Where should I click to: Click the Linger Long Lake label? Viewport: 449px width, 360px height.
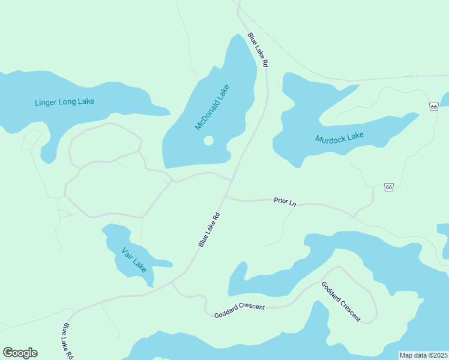[x=64, y=102]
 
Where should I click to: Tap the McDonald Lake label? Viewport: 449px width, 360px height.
[x=212, y=107]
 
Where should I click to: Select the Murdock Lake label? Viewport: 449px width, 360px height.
[x=339, y=138]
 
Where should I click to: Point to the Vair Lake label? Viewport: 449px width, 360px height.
[x=133, y=259]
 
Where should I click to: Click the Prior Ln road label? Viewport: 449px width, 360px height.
[x=285, y=202]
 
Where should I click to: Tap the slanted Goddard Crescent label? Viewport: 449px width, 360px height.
[x=341, y=301]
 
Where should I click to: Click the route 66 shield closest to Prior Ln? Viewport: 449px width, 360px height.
[x=389, y=187]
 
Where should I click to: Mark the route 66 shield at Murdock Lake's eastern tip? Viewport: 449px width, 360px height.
[x=433, y=106]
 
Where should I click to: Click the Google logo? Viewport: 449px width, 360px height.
[x=20, y=353]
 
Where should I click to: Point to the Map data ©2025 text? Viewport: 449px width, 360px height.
[x=423, y=355]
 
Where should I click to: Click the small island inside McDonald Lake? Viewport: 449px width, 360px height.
[x=208, y=141]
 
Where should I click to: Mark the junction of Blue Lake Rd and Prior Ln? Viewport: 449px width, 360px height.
[x=226, y=196]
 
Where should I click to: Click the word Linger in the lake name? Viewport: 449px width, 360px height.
[x=45, y=102]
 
